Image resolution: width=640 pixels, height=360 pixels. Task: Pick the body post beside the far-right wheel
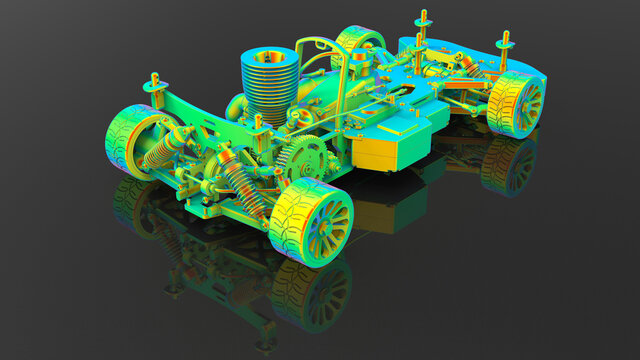[505, 45]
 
